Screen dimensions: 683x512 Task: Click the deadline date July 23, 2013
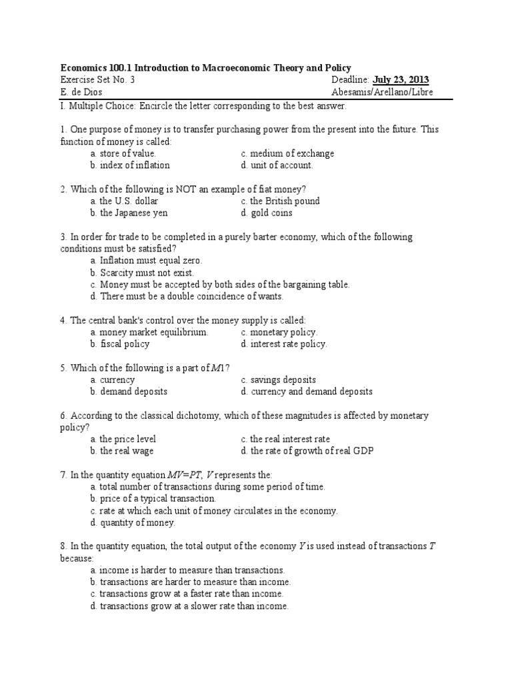pyautogui.click(x=401, y=80)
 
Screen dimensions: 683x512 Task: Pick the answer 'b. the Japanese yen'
pyautogui.click(x=129, y=213)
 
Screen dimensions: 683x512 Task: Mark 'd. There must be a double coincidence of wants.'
pyautogui.click(x=187, y=296)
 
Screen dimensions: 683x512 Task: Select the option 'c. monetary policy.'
pyautogui.click(x=279, y=332)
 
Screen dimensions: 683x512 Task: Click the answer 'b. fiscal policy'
pyautogui.click(x=120, y=344)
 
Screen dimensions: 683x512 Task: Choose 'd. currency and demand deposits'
pyautogui.click(x=307, y=392)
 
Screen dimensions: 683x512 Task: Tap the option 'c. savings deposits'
pyautogui.click(x=279, y=380)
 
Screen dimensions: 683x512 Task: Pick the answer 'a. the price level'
pyautogui.click(x=123, y=440)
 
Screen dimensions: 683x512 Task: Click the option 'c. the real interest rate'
pyautogui.click(x=286, y=440)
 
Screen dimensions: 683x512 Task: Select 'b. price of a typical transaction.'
pyautogui.click(x=154, y=499)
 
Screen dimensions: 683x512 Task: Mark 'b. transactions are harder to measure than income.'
pyautogui.click(x=191, y=582)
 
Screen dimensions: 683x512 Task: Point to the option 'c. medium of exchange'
pyautogui.click(x=288, y=153)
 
